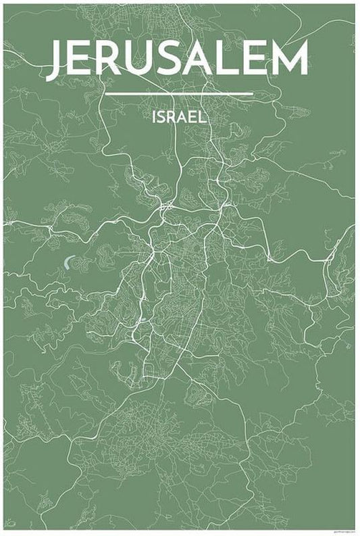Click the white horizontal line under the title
[x=179, y=93]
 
